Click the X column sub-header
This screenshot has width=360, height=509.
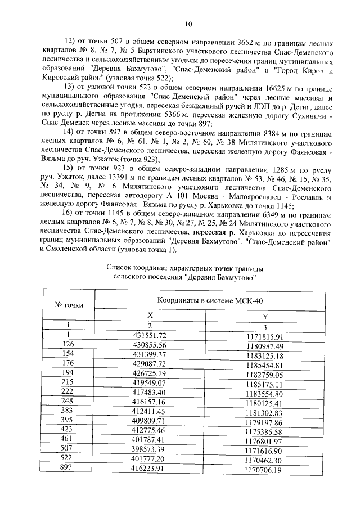(x=150, y=316)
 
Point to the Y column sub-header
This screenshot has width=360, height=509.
(x=265, y=316)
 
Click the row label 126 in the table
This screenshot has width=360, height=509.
(x=69, y=344)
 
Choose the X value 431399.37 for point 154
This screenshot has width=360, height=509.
(x=150, y=353)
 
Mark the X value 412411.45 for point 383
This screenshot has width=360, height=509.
(x=150, y=413)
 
